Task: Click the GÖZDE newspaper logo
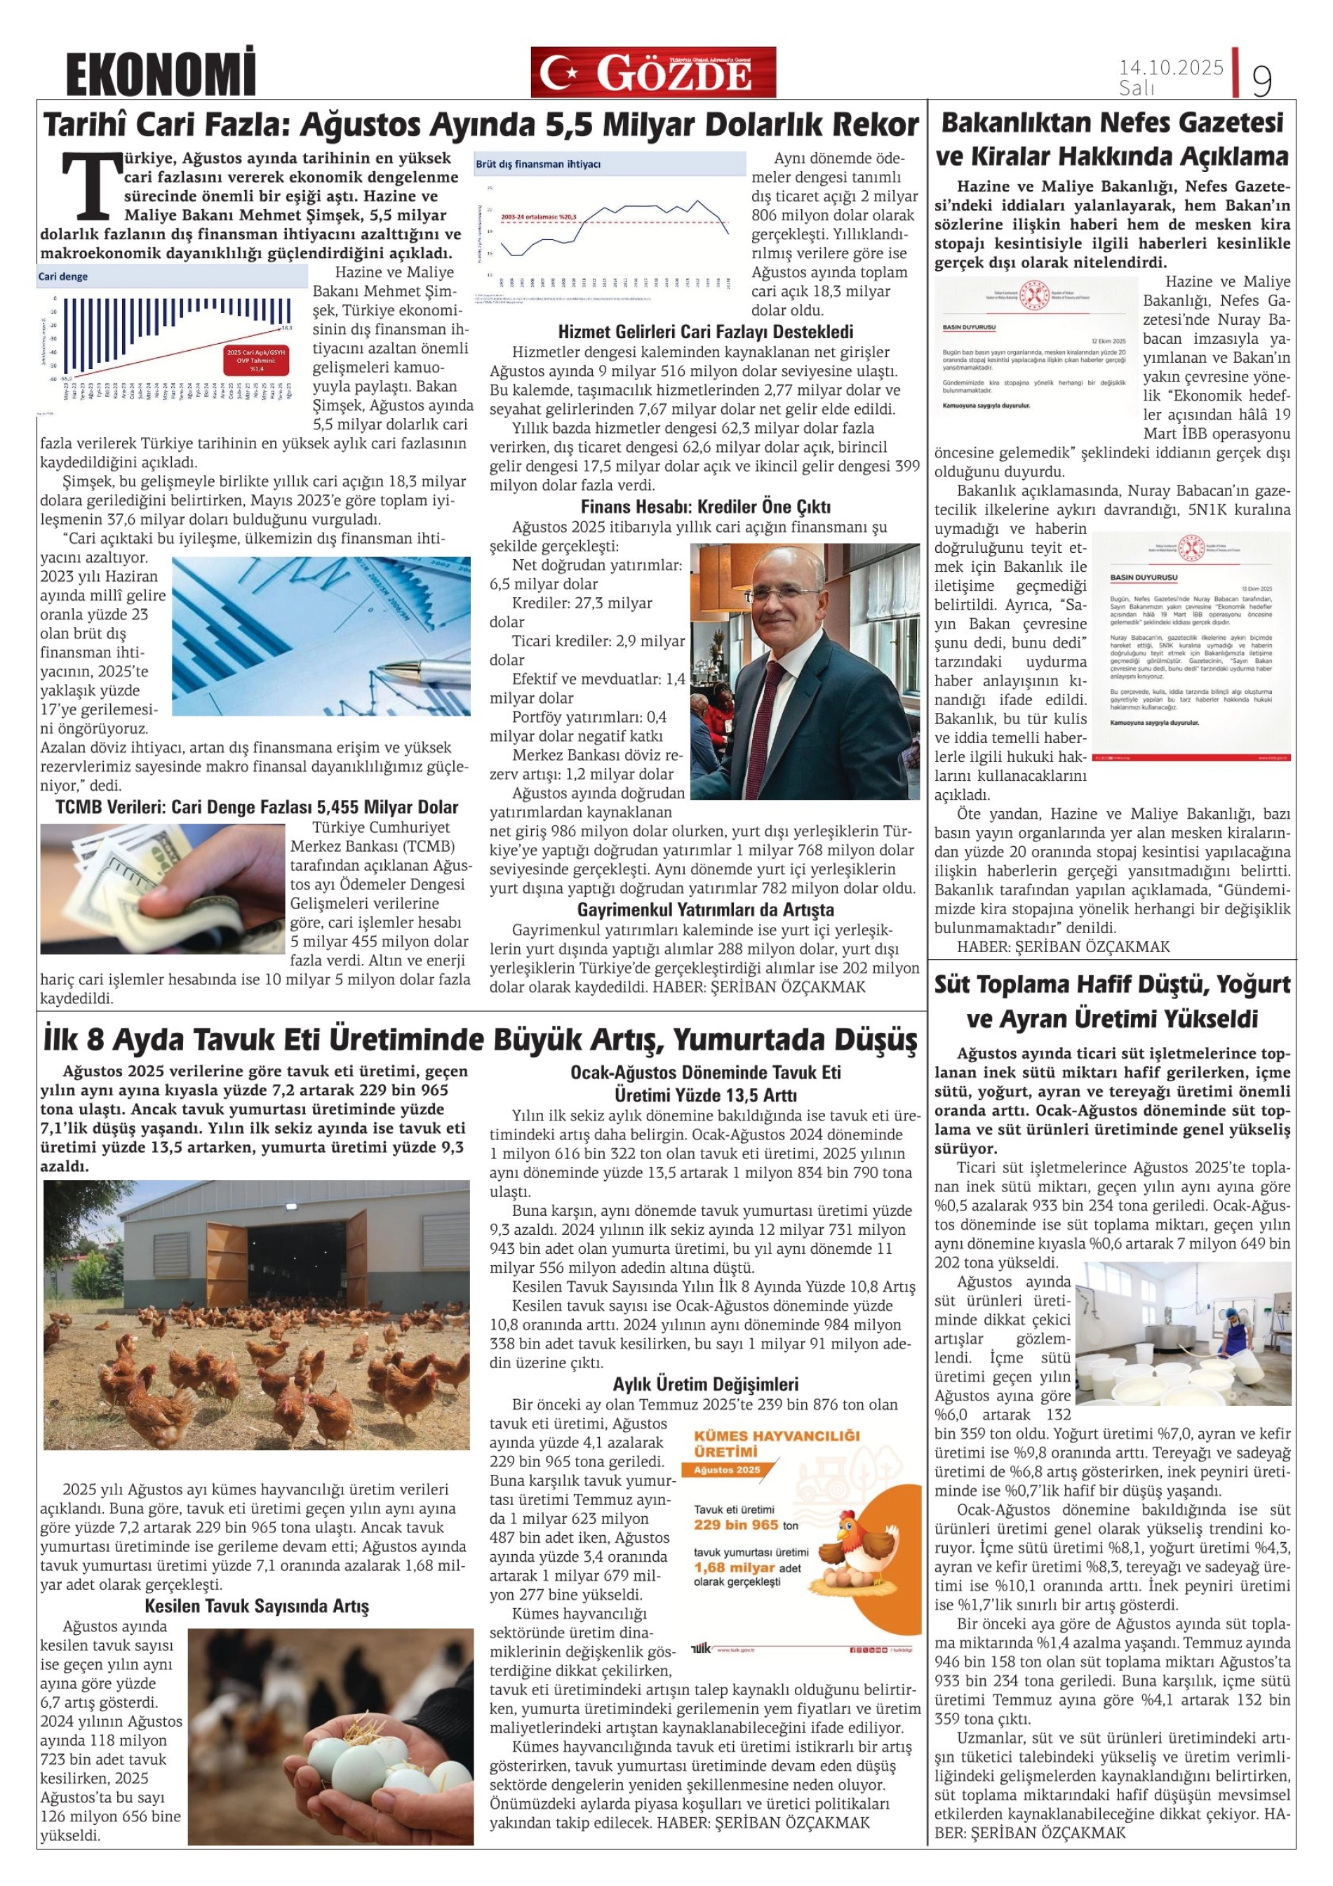click(x=653, y=73)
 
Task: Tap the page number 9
click(x=1261, y=81)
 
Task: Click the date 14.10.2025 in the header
click(x=1170, y=67)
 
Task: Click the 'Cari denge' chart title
click(x=63, y=277)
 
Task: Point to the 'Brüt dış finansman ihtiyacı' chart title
click(x=538, y=164)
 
